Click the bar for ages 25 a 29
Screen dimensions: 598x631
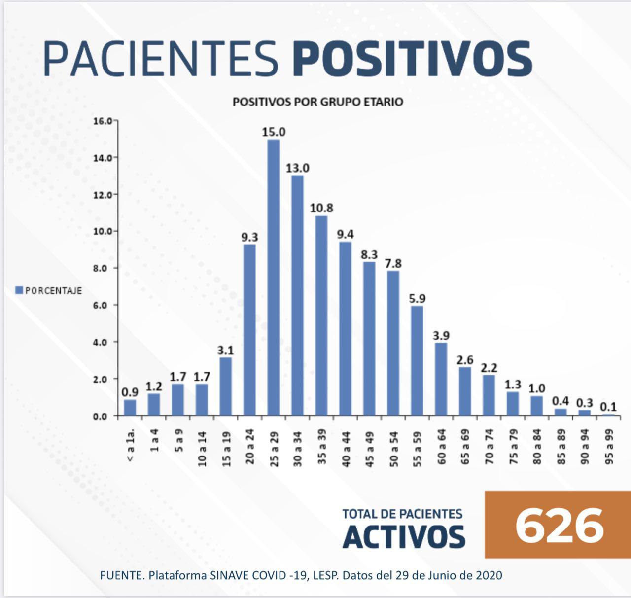(274, 278)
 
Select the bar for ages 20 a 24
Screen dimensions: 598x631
(250, 330)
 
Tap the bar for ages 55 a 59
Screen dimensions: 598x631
(417, 361)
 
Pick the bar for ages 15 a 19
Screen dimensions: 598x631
(226, 387)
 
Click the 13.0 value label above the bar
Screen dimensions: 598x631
(298, 168)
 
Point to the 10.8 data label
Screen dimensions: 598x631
(321, 208)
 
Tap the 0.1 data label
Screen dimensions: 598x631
(608, 407)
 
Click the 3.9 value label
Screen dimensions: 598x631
(441, 336)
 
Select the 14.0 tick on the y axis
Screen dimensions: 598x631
(103, 158)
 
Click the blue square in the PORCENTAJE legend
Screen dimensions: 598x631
(19, 290)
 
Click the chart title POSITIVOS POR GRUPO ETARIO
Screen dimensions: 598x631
(318, 102)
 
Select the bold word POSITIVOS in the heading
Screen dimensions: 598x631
(412, 59)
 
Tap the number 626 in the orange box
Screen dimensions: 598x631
(559, 526)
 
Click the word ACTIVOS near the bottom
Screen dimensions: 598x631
(404, 537)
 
